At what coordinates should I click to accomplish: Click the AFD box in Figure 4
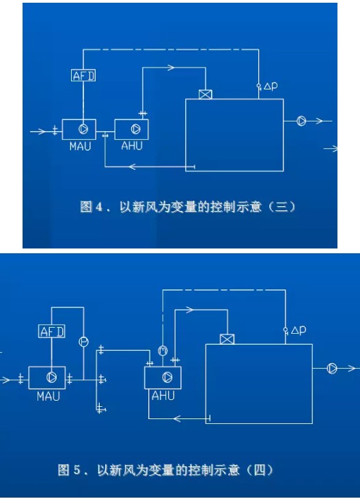click(x=83, y=75)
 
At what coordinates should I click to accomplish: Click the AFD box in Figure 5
click(x=52, y=331)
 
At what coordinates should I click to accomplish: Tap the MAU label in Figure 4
click(x=81, y=146)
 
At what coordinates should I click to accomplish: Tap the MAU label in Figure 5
click(x=49, y=397)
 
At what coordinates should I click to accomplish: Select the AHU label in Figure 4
click(x=132, y=146)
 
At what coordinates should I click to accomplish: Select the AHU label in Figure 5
click(x=163, y=395)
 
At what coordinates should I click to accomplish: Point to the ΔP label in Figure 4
click(x=271, y=86)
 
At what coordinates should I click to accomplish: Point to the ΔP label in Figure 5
click(x=299, y=330)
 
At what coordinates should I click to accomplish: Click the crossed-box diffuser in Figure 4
click(x=205, y=94)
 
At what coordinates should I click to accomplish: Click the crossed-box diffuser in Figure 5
click(x=227, y=339)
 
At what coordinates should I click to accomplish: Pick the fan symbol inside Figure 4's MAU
click(x=83, y=129)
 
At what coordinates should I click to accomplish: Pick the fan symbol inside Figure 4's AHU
click(x=135, y=129)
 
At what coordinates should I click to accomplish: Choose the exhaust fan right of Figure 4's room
click(x=301, y=121)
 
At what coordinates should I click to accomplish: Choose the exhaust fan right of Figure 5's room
click(x=332, y=369)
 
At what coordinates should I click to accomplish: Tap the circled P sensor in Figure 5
click(x=83, y=342)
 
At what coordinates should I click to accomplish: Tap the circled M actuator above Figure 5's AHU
click(x=163, y=351)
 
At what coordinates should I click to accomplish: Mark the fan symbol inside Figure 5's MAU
click(x=51, y=377)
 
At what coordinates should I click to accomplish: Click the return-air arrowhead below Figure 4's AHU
click(x=133, y=167)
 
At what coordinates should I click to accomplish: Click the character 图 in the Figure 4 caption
click(x=86, y=207)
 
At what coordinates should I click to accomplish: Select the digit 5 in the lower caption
click(x=77, y=470)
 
